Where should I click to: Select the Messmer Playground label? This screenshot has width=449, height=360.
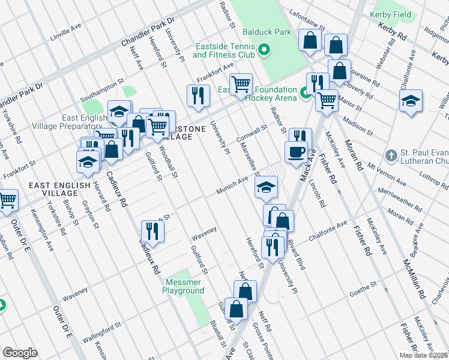183,286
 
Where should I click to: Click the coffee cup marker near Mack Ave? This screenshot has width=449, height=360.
296,152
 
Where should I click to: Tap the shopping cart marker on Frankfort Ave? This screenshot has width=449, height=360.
241,84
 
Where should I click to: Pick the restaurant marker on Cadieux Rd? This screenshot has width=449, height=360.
152,231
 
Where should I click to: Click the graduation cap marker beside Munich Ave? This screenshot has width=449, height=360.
266,187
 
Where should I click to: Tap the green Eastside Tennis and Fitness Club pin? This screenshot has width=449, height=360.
262,52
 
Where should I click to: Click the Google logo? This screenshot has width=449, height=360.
20,352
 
